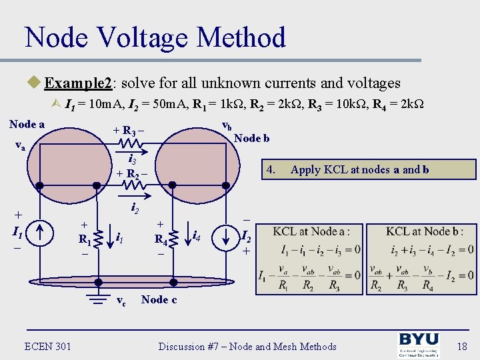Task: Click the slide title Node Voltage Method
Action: pos(155,37)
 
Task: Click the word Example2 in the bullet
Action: pos(80,83)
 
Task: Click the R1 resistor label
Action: pos(85,238)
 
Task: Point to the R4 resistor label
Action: pos(161,238)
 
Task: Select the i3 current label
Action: pos(132,160)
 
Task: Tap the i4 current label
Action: pos(197,235)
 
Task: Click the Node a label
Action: pos(27,124)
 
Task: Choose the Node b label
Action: pos(252,138)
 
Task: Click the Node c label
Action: pos(159,299)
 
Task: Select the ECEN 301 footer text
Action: pos(48,345)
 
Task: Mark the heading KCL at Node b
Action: pos(424,231)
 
